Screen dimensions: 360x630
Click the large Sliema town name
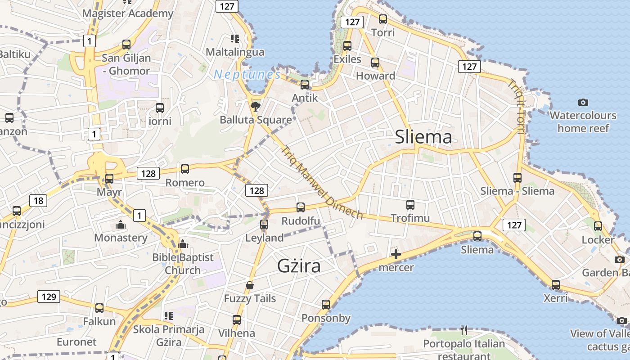pos(423,137)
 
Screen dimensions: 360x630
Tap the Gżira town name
pos(299,266)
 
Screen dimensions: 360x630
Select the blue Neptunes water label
pos(247,74)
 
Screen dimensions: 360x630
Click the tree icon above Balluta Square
pos(256,106)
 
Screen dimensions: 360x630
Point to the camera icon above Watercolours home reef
pos(583,102)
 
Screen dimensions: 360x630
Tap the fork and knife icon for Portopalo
pos(464,330)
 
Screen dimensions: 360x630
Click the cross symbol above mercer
pos(396,254)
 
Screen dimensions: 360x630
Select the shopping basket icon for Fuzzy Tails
pos(250,285)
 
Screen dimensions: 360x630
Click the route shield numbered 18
pos(38,200)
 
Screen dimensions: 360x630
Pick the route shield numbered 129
pos(49,296)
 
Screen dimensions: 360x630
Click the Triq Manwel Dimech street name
pos(321,182)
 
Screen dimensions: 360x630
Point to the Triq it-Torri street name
pos(516,107)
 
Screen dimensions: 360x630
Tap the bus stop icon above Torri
pos(383,19)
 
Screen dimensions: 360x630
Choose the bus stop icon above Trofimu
pos(410,205)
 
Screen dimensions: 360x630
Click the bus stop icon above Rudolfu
pos(301,207)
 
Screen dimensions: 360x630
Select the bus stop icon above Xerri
pos(556,285)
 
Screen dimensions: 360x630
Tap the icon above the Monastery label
pos(121,224)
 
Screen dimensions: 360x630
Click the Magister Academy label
pos(128,13)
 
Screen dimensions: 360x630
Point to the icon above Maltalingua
pos(234,39)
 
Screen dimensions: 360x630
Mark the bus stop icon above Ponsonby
pos(326,305)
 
